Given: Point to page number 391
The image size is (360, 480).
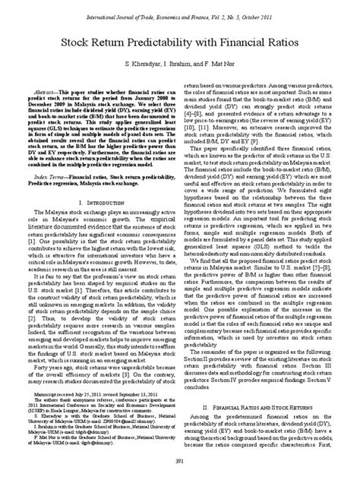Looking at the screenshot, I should click(180, 462).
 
